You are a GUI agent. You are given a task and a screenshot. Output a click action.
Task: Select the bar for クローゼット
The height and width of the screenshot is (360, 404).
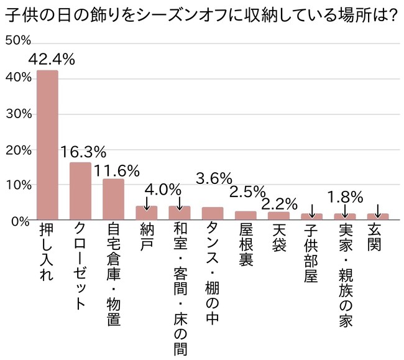coord(80,191)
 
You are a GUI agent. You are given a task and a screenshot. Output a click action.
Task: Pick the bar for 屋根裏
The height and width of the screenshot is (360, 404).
coord(246,215)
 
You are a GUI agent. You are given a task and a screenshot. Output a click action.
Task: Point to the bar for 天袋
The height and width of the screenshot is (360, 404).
coord(278,216)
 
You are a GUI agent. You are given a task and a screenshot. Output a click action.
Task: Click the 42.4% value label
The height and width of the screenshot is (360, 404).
coord(52,60)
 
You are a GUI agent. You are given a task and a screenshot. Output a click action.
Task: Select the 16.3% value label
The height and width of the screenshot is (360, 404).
coord(83,152)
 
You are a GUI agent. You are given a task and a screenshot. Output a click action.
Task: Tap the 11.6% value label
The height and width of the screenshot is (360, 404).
coord(116,168)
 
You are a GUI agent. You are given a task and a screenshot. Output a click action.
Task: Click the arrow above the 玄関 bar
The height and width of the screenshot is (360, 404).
coord(378,208)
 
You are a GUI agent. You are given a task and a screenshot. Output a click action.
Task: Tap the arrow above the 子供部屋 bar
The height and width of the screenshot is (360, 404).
coord(312,208)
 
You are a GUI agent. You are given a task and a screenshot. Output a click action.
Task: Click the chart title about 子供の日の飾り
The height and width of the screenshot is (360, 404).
coord(201,14)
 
